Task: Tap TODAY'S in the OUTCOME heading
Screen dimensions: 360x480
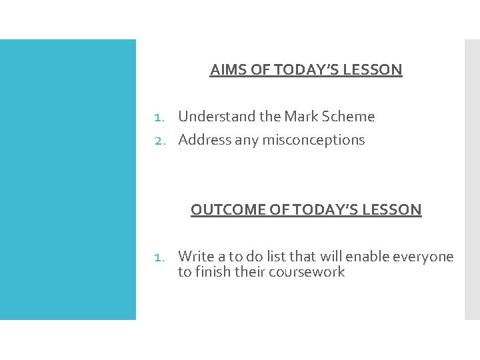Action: [330, 210]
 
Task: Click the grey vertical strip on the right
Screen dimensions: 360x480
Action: [471, 179]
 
